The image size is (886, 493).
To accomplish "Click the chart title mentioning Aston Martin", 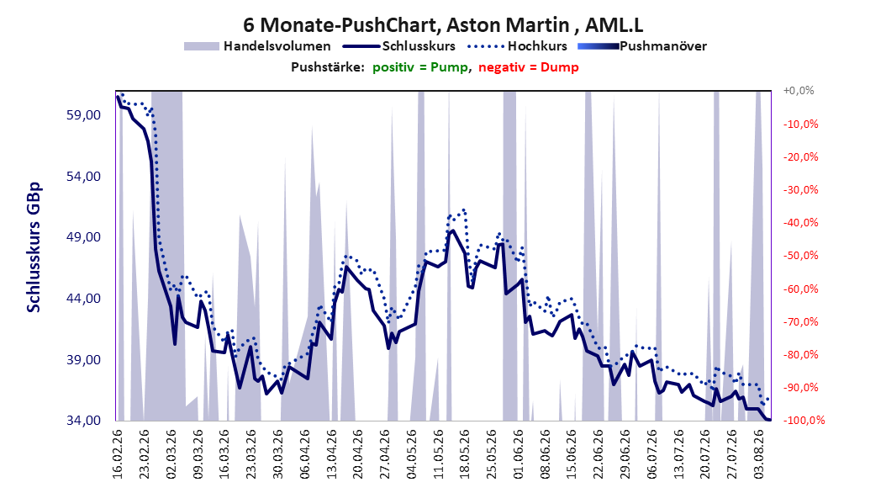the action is point(443,25).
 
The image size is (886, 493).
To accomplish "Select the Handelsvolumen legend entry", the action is point(257,46).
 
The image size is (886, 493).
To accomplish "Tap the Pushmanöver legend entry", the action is point(642,46).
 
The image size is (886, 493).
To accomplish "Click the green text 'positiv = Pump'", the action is point(419,67).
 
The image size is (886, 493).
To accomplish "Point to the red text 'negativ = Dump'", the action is point(529,67).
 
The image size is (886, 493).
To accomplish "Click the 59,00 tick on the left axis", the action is point(83,115).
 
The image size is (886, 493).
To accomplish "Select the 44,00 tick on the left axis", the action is point(83,299).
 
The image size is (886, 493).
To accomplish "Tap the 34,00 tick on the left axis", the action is point(83,421).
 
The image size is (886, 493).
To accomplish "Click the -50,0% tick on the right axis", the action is point(800,256).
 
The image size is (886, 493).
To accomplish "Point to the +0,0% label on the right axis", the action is point(799,91).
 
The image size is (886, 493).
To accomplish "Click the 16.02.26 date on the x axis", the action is point(118,454).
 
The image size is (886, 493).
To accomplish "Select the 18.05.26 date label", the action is point(465,454).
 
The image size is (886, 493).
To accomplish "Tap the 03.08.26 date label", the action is point(758,454).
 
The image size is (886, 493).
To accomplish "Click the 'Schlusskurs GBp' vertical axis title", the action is point(34,247).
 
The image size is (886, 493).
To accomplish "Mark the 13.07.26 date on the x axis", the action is point(678,454).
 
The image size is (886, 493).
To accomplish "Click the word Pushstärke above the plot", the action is point(328,67).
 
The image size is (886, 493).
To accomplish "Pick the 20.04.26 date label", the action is point(357,454).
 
